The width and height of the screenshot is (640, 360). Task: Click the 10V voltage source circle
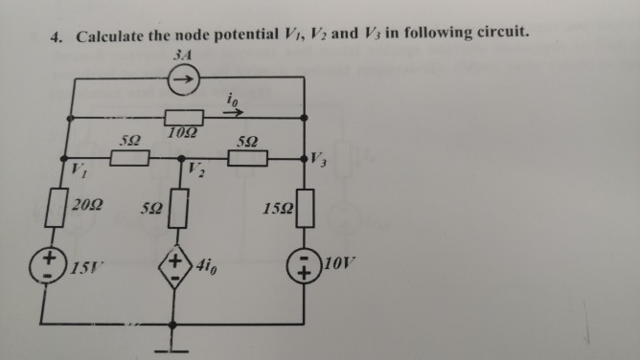pos(305,265)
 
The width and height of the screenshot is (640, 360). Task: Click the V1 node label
pos(76,172)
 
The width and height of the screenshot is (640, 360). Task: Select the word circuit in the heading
pos(496,33)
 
